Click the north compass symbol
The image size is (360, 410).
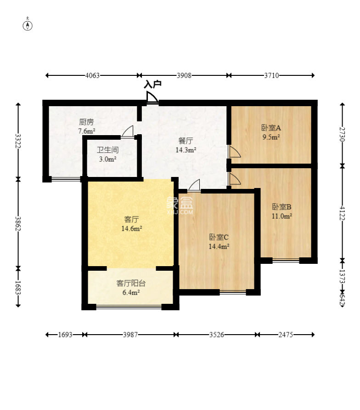[28, 25]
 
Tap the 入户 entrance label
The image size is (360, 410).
[152, 84]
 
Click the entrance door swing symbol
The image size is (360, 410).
[152, 98]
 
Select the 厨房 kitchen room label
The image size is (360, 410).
[86, 122]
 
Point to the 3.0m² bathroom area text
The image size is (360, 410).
[107, 159]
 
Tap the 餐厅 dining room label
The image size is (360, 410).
[186, 141]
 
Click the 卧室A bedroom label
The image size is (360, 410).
[271, 128]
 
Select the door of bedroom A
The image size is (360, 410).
[234, 152]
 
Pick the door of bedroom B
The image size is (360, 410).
[234, 179]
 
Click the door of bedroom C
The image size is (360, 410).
[194, 186]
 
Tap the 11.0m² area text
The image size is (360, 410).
[281, 216]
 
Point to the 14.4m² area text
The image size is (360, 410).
[219, 246]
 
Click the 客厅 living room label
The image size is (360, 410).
[131, 219]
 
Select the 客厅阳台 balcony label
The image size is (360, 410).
[130, 283]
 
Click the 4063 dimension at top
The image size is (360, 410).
[92, 75]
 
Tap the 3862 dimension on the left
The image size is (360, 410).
[18, 223]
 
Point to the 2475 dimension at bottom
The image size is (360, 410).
[286, 335]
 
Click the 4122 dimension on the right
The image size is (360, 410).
[342, 213]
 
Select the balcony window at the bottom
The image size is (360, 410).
[129, 307]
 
